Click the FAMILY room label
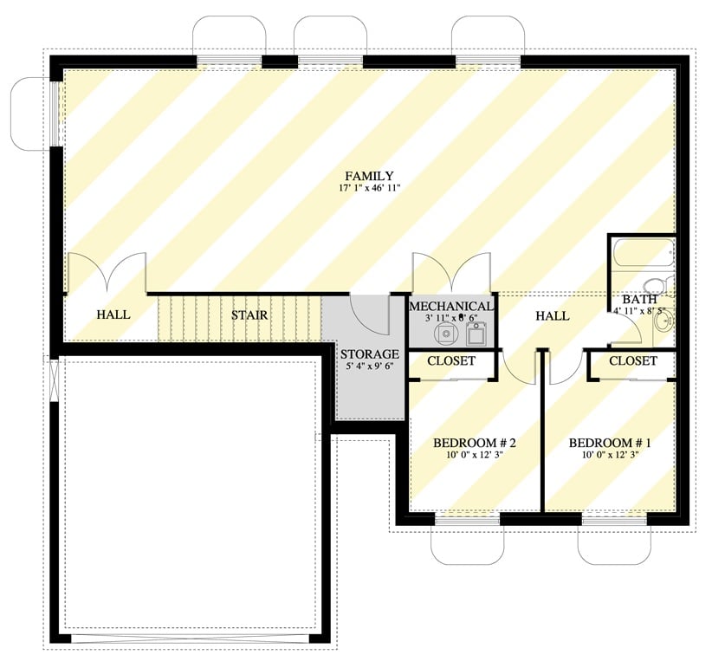[x=370, y=175]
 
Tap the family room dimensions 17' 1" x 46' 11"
[x=370, y=188]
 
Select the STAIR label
[x=249, y=315]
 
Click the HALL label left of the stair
[x=113, y=315]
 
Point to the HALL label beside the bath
[x=552, y=316]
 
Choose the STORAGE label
[x=369, y=354]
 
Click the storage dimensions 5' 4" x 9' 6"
[x=369, y=367]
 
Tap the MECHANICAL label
[x=451, y=307]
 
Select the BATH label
[x=639, y=300]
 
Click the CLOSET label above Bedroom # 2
[x=451, y=361]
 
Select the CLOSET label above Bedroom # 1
[x=632, y=361]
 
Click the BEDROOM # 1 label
[x=609, y=444]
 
